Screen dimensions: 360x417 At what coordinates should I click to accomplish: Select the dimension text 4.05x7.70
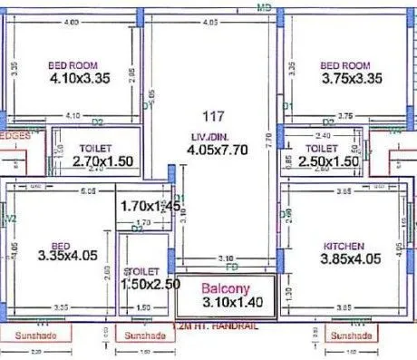point(214,151)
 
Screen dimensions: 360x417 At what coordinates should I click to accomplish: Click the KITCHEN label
point(344,246)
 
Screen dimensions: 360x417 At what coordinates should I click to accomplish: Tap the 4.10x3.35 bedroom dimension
point(79,79)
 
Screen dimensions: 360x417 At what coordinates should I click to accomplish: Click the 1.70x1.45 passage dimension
point(149,207)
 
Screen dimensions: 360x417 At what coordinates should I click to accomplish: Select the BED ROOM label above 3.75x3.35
point(345,65)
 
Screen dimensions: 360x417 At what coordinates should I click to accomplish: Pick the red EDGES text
point(15,134)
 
